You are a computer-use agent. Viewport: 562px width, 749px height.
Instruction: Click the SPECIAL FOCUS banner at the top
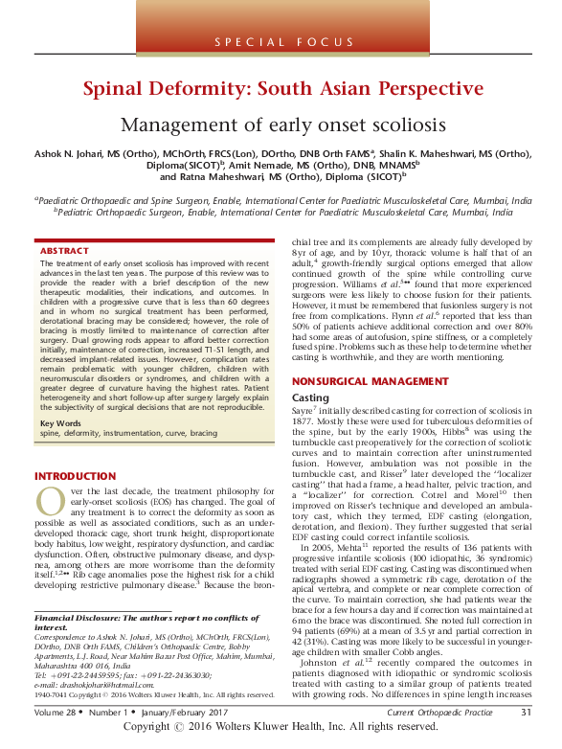pyautogui.click(x=281, y=42)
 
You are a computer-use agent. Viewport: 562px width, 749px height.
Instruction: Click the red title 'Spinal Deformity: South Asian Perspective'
pyautogui.click(x=281, y=91)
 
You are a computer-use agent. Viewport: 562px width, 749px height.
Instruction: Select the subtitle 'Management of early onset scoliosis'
pyautogui.click(x=281, y=125)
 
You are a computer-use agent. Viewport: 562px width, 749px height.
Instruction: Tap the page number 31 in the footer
pyautogui.click(x=526, y=713)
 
